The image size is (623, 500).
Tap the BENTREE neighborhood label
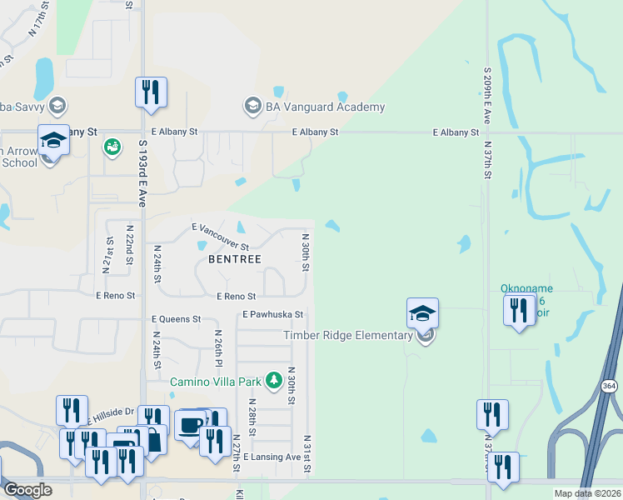point(228,259)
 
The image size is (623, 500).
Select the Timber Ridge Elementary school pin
point(423,315)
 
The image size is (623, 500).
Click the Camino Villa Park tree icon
point(273,381)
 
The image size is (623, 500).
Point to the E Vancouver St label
point(221,237)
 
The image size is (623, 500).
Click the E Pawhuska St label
point(272,315)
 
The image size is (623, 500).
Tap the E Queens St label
point(176,319)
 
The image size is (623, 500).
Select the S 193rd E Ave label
point(142,173)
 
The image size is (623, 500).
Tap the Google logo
point(27,490)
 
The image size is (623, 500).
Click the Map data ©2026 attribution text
point(586,493)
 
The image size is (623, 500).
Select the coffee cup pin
point(191,425)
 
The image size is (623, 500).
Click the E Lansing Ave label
point(272,457)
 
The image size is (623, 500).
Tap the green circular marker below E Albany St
point(112,147)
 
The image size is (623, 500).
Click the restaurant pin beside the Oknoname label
point(519,311)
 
